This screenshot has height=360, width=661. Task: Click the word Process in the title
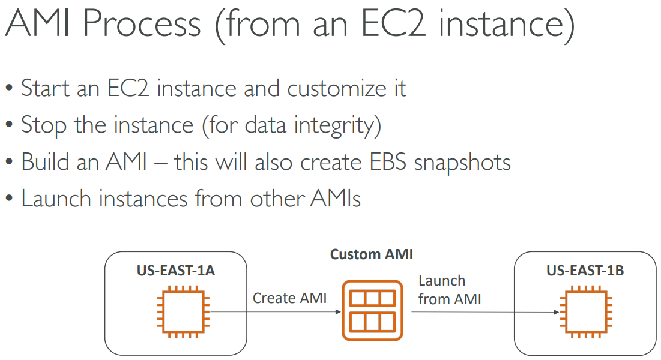pos(142,23)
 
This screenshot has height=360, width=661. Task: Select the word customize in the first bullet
pos(337,89)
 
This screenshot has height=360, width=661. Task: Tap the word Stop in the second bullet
pos(44,125)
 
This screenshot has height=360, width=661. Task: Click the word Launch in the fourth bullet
pos(56,199)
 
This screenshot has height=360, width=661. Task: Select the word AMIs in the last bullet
pos(336,199)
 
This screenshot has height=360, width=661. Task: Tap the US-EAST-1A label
pos(176,270)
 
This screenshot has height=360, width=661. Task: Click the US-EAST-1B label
pos(585,270)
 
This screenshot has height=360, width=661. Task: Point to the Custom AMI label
pos(372,254)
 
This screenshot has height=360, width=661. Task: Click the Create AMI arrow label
pos(289,298)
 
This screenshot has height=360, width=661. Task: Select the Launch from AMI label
pos(450,290)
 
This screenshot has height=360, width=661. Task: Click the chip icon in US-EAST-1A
pos(183,312)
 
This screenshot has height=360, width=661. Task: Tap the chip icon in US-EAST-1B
pos(586,312)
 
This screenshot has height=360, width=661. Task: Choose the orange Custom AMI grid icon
pos(373,310)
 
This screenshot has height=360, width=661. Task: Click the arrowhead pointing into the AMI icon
pos(338,312)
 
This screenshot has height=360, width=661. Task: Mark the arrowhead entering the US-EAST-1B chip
pos(557,313)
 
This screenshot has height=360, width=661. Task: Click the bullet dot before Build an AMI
pos(9,163)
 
